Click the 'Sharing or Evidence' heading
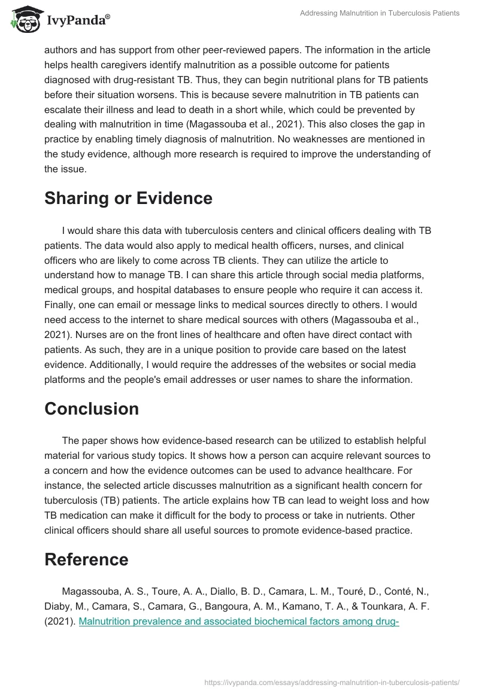click(x=128, y=198)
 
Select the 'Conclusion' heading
click(x=92, y=409)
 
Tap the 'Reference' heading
click(x=86, y=559)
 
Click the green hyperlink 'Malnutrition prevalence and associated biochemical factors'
click(x=239, y=621)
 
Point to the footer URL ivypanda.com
click(x=332, y=681)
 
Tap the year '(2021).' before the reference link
click(x=60, y=621)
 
